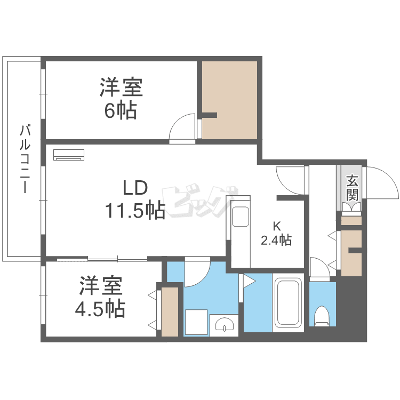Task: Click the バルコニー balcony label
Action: tap(24, 158)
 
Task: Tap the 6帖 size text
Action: tap(121, 110)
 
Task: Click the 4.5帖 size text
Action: tap(102, 308)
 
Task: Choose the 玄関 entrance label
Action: tap(351, 187)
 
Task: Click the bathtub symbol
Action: tap(288, 303)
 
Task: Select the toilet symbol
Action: tap(322, 315)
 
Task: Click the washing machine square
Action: tap(195, 322)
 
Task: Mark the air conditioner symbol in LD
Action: tap(69, 155)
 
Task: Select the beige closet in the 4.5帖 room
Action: tap(170, 311)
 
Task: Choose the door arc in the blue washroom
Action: tap(197, 272)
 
